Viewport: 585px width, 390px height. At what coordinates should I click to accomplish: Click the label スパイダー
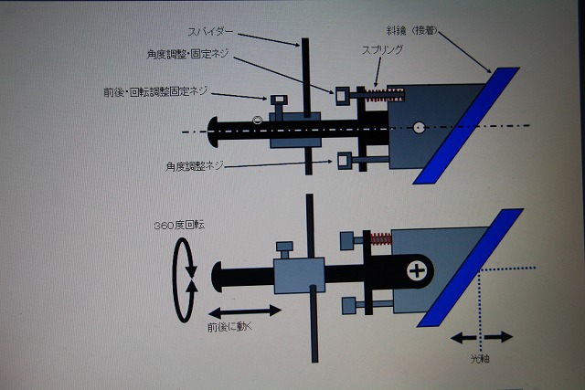pos(212,30)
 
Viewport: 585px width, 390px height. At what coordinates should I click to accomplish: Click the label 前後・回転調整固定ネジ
pos(155,92)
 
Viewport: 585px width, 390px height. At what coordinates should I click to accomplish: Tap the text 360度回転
pos(183,225)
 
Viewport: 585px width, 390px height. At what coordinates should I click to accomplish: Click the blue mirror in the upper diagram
pos(465,123)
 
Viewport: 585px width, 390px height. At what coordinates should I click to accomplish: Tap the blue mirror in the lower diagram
pos(470,268)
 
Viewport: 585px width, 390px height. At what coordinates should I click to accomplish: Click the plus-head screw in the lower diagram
pos(418,270)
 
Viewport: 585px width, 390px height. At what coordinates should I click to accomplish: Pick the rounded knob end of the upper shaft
pos(216,132)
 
